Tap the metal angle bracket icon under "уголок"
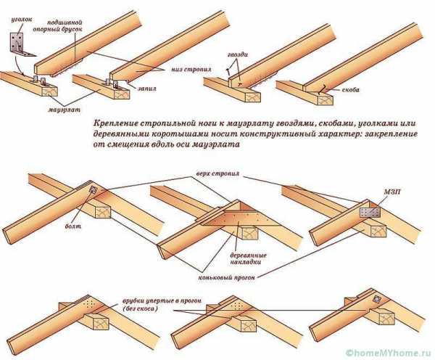[x=21, y=43]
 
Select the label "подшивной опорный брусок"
[x=80, y=28]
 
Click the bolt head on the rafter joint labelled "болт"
[x=92, y=191]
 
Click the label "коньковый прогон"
[x=229, y=277]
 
